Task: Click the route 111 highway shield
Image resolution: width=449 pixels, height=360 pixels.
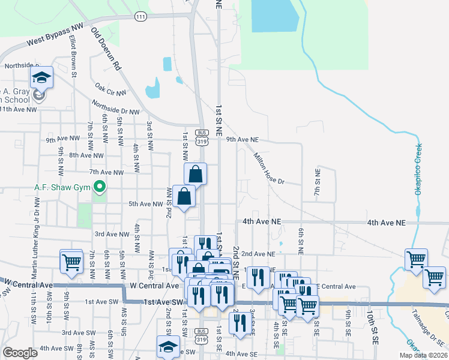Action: pos(141,17)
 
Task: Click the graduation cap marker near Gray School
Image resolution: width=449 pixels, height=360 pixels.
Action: pos(41,77)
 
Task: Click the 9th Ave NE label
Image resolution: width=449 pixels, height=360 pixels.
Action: pos(242,139)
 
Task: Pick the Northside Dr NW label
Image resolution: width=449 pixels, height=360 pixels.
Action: pos(115,107)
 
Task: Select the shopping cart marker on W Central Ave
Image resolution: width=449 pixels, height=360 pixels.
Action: pos(71,261)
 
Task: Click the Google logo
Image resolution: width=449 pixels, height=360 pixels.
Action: pos(19,353)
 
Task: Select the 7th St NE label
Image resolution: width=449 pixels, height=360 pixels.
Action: pos(318,179)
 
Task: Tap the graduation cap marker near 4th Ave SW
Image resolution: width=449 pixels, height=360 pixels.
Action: pos(168,346)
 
